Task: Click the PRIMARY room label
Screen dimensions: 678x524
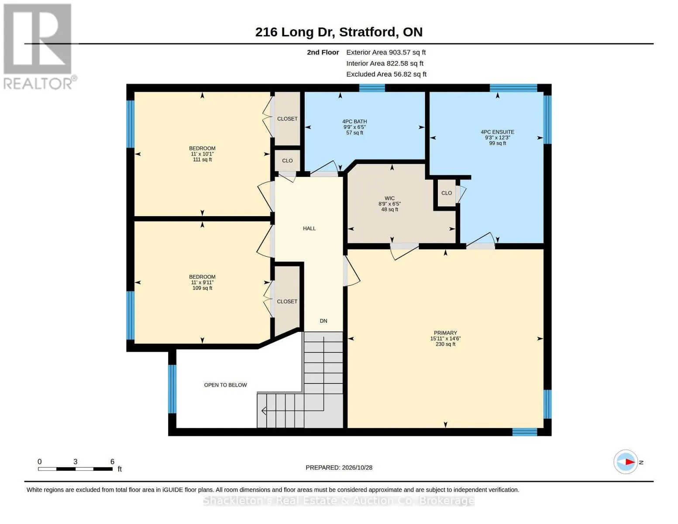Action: tap(445, 333)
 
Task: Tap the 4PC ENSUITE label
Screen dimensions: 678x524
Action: tap(497, 132)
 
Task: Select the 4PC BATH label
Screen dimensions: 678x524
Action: tap(354, 121)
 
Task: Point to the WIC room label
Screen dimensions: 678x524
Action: tap(389, 198)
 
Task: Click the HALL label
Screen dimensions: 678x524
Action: tap(309, 228)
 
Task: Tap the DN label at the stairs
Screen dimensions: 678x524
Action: tap(323, 321)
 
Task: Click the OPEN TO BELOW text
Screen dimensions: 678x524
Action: tap(225, 385)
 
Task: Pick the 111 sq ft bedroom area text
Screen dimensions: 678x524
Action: tap(202, 159)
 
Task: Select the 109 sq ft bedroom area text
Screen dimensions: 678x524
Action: tap(202, 288)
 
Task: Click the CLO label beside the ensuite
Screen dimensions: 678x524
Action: tap(447, 193)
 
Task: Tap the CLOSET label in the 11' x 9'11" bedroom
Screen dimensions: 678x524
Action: tap(287, 301)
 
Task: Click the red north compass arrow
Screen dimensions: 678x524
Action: tap(630, 462)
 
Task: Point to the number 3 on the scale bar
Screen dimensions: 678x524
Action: tap(75, 462)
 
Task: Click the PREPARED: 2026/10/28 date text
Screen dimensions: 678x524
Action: tap(339, 468)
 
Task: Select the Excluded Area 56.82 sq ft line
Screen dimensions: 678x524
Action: tap(386, 74)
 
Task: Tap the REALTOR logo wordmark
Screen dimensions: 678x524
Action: tap(38, 84)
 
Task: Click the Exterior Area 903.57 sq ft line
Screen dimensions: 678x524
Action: tap(386, 52)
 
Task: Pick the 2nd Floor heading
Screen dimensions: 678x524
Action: tap(323, 52)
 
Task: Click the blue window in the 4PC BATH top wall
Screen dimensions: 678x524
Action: tap(372, 88)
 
